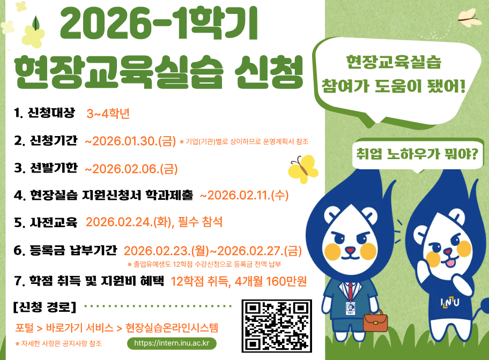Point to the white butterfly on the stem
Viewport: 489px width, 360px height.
pos(468,17)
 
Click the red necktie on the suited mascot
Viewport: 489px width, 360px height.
pos(350,290)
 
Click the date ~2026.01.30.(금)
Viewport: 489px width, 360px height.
pos(130,141)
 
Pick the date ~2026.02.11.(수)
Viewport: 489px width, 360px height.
pos(244,195)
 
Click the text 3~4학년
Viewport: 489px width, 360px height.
pos(108,114)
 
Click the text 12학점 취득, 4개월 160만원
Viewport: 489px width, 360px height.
pos(239,281)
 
